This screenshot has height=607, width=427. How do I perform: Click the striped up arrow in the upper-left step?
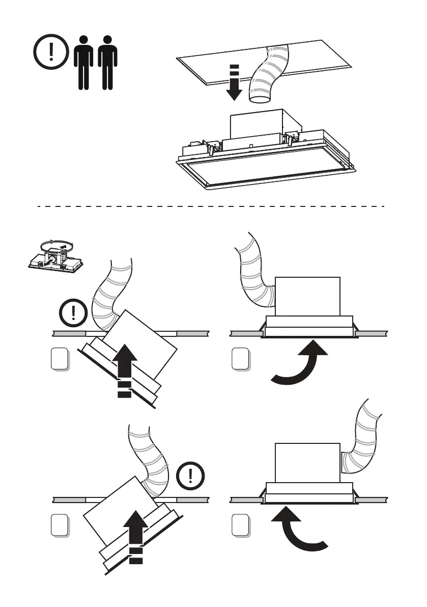[124, 369]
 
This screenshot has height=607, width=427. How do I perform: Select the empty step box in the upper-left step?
[60, 359]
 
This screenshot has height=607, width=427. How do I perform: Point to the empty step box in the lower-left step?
[60, 525]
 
